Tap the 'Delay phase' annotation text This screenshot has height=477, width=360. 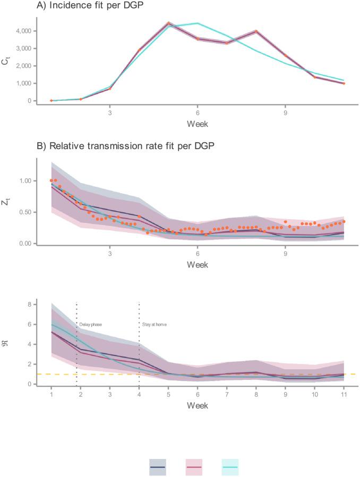click(x=90, y=323)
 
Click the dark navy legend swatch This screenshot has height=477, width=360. click(x=158, y=467)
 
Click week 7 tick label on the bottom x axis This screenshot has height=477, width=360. click(x=227, y=395)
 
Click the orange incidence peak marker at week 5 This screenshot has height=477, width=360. click(x=168, y=23)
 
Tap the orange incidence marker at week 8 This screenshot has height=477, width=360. click(x=256, y=31)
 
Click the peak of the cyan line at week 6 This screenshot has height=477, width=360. click(x=198, y=23)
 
